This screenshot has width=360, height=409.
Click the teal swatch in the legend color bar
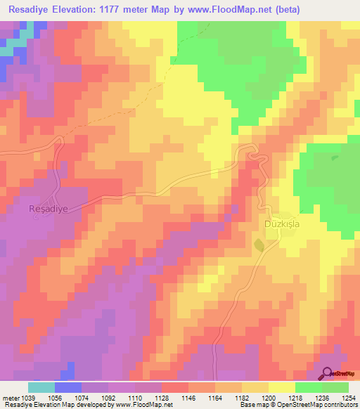coord(41,387)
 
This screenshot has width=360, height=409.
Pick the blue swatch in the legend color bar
coord(67,387)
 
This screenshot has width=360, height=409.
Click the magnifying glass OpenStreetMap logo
coord(328,374)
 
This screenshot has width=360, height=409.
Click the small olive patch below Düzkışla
coord(259,245)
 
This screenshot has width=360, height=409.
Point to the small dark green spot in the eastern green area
coord(335,157)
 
